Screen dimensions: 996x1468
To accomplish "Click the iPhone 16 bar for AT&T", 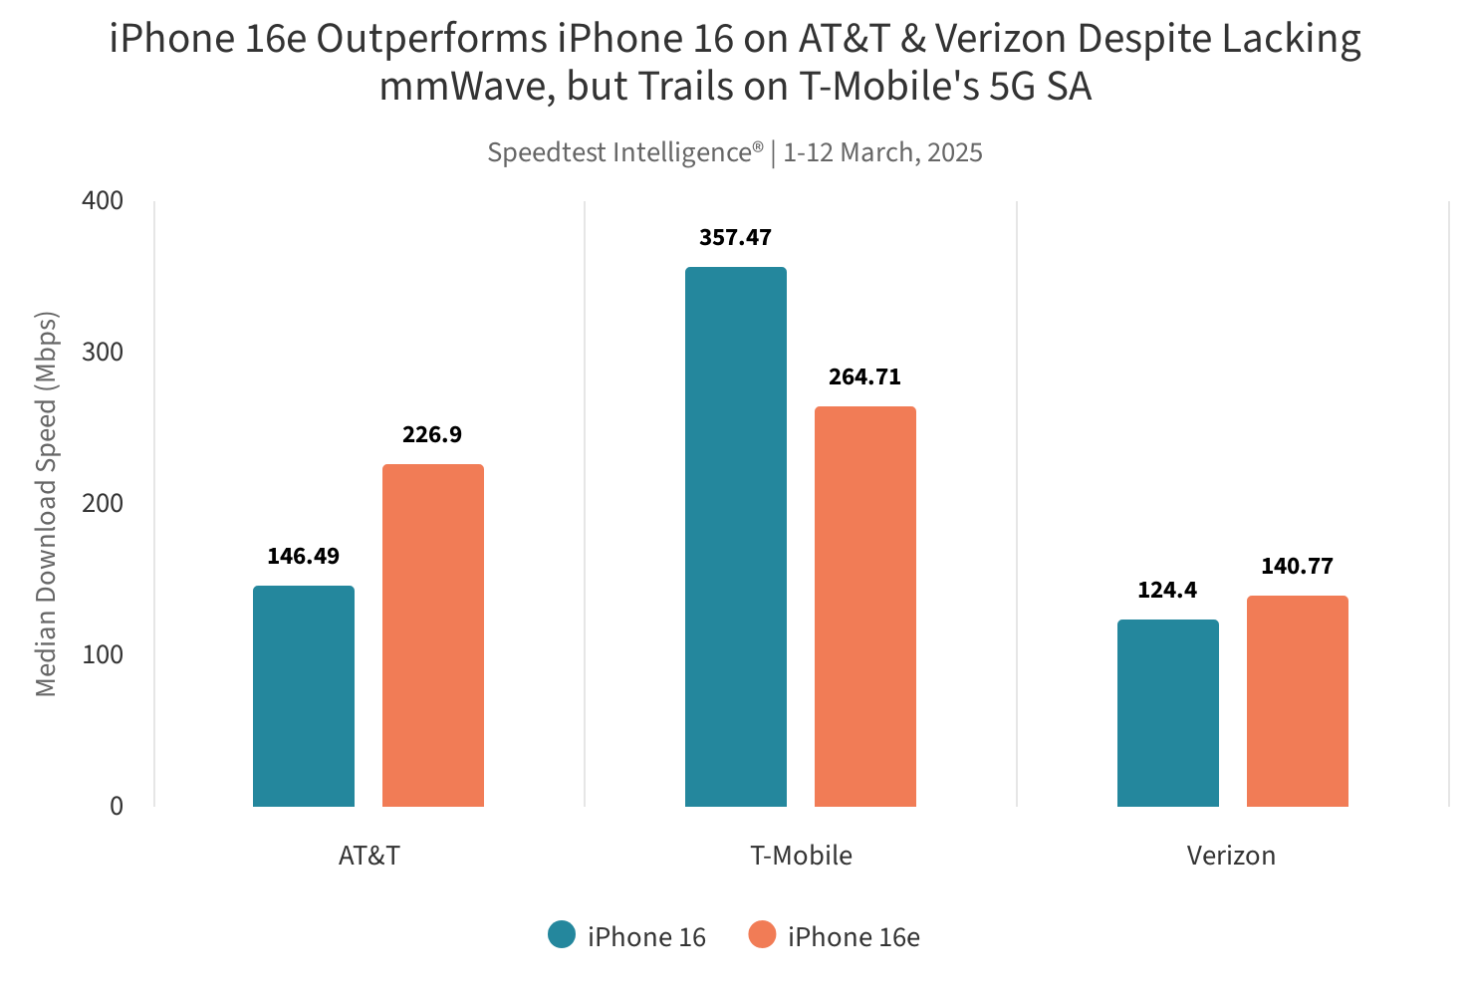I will pyautogui.click(x=304, y=696).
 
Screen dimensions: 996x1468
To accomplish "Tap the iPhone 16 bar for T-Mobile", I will pyautogui.click(x=736, y=537).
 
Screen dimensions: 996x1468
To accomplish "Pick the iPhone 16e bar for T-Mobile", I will pyautogui.click(x=865, y=607).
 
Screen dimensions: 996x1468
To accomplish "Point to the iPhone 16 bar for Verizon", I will pyautogui.click(x=1168, y=713).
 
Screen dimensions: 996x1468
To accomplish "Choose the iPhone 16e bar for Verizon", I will pyautogui.click(x=1298, y=701).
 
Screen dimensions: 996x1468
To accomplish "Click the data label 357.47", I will pyautogui.click(x=736, y=238).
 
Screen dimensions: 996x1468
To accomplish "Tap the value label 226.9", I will pyautogui.click(x=432, y=435).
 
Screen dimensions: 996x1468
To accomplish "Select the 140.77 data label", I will pyautogui.click(x=1297, y=567).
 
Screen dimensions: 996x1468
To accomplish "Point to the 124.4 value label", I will pyautogui.click(x=1167, y=591).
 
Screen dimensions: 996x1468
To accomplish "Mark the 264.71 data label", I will pyautogui.click(x=864, y=377).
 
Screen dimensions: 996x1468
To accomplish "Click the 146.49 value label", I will pyautogui.click(x=304, y=557).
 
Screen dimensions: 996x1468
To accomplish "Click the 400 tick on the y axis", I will pyautogui.click(x=103, y=201).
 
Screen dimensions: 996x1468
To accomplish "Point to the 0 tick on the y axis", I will pyautogui.click(x=117, y=806).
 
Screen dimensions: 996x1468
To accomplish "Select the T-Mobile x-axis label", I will pyautogui.click(x=801, y=856).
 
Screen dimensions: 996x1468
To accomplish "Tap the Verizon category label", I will pyautogui.click(x=1231, y=856).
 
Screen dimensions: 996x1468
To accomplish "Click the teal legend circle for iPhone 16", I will pyautogui.click(x=562, y=935).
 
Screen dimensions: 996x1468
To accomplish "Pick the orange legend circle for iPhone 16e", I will pyautogui.click(x=762, y=935).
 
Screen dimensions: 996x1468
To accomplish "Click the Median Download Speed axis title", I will pyautogui.click(x=47, y=504).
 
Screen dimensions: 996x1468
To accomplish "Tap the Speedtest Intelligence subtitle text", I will pyautogui.click(x=735, y=152).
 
